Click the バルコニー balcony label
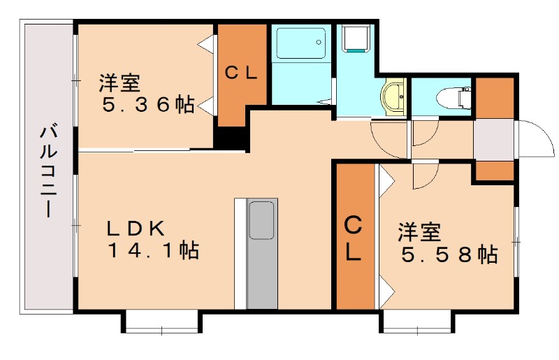click(48, 171)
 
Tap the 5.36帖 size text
click(148, 105)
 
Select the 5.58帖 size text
click(449, 254)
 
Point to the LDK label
click(136, 229)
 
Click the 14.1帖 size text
click(153, 250)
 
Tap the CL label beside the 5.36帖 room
click(241, 73)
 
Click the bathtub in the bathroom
click(301, 43)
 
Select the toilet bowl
click(453, 97)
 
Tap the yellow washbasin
click(393, 96)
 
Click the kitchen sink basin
click(261, 220)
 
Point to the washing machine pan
click(355, 38)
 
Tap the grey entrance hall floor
click(494, 140)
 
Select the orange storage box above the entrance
click(495, 97)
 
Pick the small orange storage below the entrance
click(495, 171)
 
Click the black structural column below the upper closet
click(231, 138)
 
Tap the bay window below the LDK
click(162, 322)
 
